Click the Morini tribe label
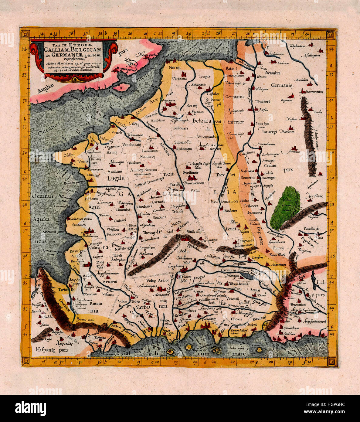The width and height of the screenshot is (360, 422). point(175,67)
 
